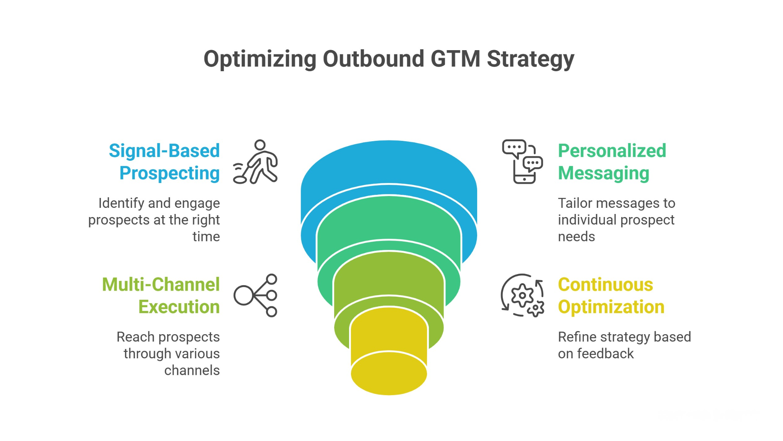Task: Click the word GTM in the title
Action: tap(455, 59)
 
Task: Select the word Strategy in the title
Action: tap(530, 60)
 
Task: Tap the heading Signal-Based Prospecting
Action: tap(164, 162)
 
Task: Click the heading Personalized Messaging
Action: tap(612, 162)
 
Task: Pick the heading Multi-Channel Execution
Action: tap(161, 296)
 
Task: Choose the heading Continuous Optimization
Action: tap(611, 296)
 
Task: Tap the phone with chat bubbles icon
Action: tap(522, 162)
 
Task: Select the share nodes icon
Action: tap(256, 295)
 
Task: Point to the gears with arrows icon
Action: tap(522, 295)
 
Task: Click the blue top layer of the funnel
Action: tap(388, 165)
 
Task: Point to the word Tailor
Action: tap(574, 203)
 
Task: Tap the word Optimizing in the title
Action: tap(260, 59)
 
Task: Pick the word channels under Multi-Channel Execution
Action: tap(192, 370)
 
